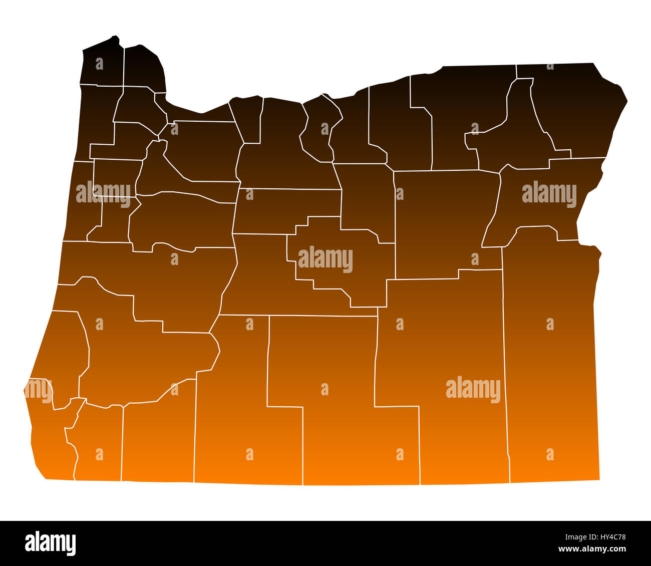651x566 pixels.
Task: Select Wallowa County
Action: pos(576,110)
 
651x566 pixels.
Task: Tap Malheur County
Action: pos(551,361)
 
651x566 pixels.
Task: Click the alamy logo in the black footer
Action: pos(50,543)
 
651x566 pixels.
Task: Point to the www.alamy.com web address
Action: pos(596,549)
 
